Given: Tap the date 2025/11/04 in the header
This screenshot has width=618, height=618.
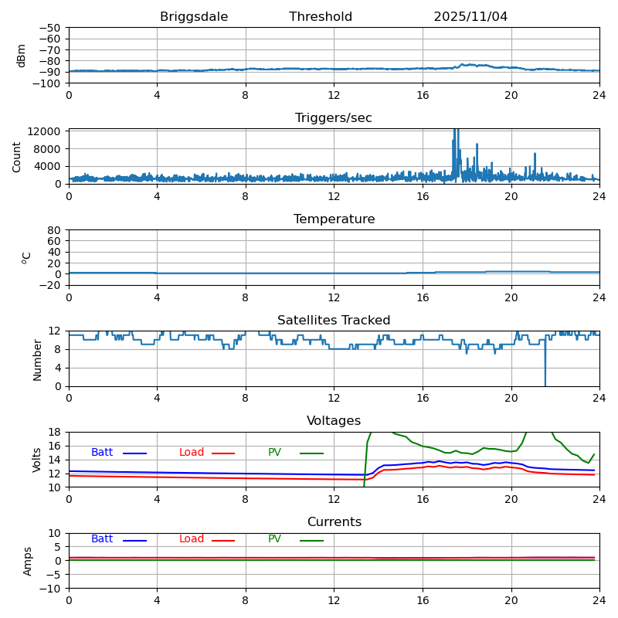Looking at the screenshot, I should (470, 17).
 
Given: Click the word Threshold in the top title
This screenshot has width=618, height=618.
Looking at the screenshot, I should (321, 17).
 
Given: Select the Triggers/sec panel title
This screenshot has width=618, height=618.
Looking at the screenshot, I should (334, 118).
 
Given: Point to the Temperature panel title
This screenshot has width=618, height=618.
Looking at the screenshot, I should (334, 219).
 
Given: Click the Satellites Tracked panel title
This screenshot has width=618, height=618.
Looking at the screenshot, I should (334, 321).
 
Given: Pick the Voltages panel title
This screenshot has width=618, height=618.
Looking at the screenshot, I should (334, 421).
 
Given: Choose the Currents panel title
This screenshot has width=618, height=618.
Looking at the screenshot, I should (334, 522).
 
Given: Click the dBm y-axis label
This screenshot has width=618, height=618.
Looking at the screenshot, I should (22, 56).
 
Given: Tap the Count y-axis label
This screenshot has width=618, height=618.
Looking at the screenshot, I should (17, 157).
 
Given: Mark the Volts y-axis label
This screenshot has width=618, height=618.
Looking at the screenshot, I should (37, 460).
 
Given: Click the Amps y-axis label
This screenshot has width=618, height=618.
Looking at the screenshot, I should (28, 561).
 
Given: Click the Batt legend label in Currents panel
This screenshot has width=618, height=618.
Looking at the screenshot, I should (101, 539).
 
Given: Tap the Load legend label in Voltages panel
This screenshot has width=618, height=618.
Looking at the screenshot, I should (192, 453).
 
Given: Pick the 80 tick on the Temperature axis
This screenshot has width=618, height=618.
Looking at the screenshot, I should (54, 230).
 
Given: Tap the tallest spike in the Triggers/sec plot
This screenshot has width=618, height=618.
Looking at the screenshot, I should (456, 131).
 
